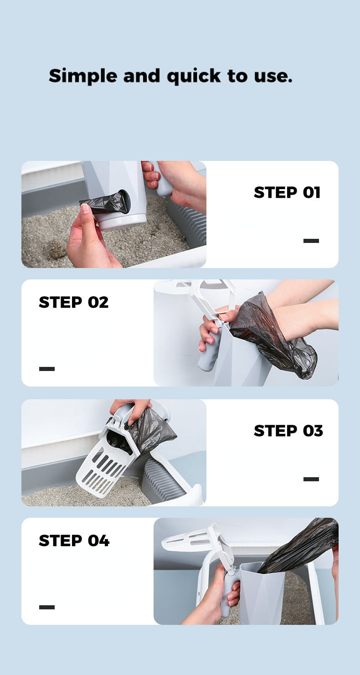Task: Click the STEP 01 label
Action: (x=287, y=192)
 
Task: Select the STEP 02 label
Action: (x=74, y=302)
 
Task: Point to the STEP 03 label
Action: (x=288, y=431)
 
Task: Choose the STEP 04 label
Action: (x=74, y=541)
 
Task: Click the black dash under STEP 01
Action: (x=311, y=241)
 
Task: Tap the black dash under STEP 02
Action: (x=47, y=369)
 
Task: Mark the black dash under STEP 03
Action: (x=311, y=479)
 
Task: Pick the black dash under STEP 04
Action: (x=47, y=607)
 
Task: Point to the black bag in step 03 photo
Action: (x=148, y=431)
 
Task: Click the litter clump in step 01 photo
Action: (x=55, y=250)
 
